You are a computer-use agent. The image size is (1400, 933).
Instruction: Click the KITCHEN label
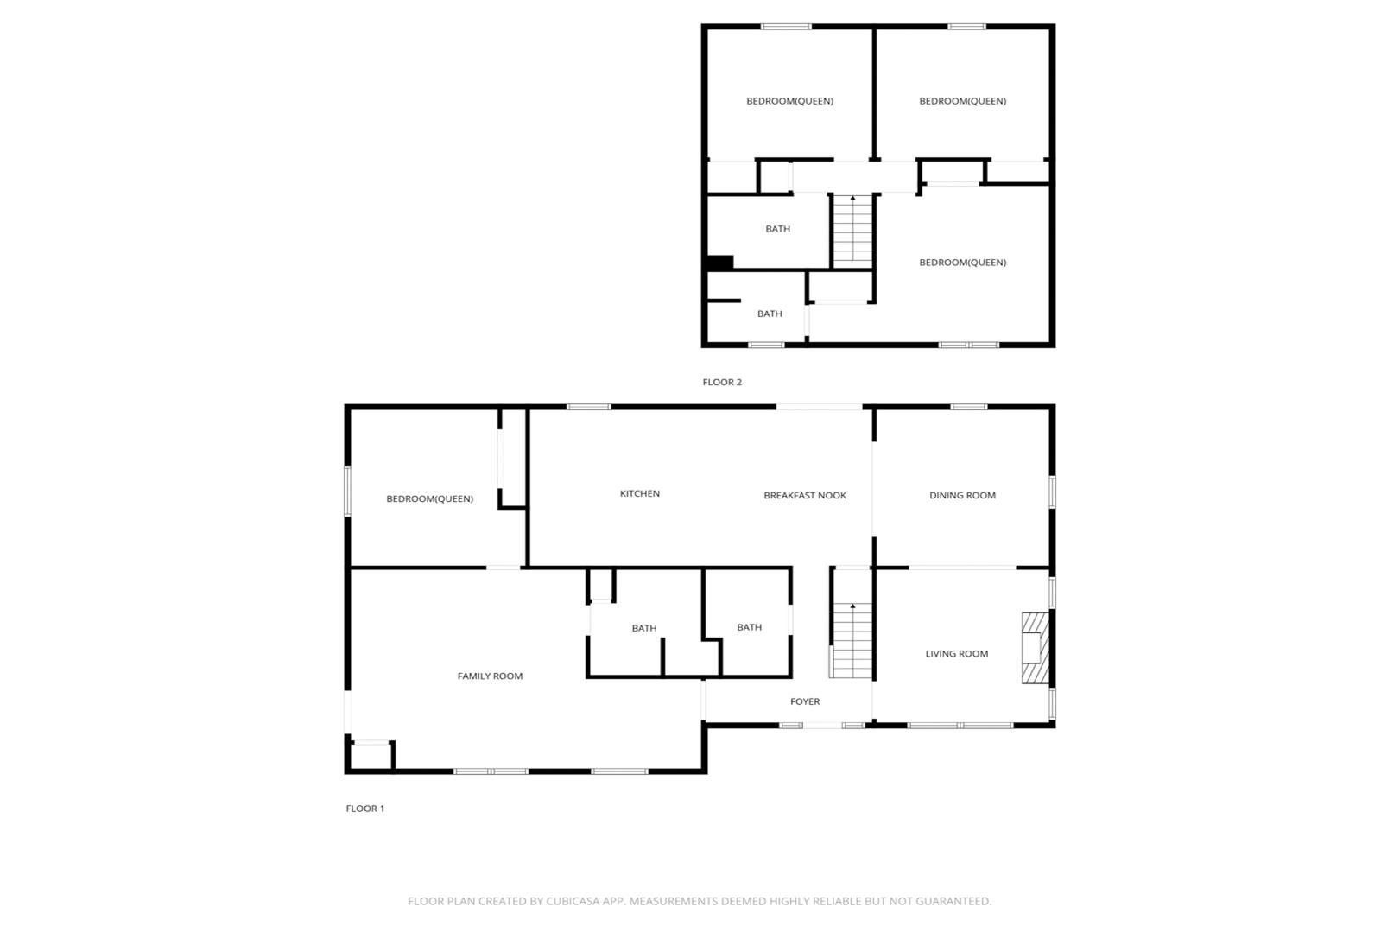tap(639, 493)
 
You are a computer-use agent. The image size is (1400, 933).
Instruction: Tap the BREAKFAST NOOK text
tap(805, 495)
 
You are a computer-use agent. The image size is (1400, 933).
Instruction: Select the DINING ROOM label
tap(962, 495)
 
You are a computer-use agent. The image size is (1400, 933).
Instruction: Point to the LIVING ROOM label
tap(957, 653)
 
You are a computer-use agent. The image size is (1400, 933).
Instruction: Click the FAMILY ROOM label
tap(490, 676)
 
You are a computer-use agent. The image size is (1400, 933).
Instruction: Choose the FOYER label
tap(805, 701)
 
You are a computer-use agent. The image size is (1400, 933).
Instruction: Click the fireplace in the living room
tap(1036, 648)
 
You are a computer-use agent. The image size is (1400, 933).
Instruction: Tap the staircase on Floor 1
tap(852, 640)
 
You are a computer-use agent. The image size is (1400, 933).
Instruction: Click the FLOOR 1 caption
tap(365, 809)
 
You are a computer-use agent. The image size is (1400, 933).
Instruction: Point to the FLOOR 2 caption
tap(722, 382)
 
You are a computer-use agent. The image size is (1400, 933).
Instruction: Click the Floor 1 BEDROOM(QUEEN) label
tap(430, 499)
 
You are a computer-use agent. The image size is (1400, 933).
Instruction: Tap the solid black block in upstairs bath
tap(720, 263)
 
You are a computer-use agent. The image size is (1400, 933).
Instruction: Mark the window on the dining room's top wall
tap(969, 407)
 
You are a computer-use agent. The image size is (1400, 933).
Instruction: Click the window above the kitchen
tap(589, 407)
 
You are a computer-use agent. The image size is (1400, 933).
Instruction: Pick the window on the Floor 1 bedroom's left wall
tap(347, 491)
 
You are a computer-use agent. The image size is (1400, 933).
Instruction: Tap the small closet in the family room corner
tap(371, 755)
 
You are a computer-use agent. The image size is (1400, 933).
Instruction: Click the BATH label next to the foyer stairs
tap(750, 627)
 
